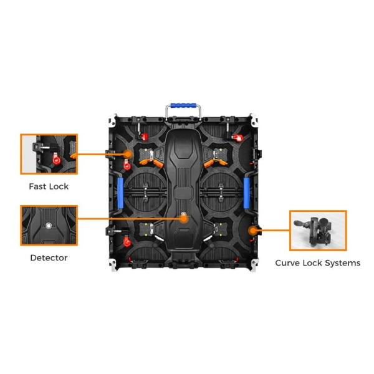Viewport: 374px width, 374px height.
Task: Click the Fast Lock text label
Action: click(49, 186)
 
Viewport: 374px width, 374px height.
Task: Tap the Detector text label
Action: click(49, 257)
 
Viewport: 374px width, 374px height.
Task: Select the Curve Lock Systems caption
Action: click(317, 263)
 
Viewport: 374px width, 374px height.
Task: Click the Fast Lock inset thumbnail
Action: click(49, 154)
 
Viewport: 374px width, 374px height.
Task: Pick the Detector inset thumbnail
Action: click(49, 226)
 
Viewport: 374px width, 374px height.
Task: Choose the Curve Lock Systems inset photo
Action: click(318, 231)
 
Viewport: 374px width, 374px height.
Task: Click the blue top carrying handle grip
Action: click(183, 105)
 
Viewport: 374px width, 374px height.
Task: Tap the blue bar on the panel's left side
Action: click(120, 193)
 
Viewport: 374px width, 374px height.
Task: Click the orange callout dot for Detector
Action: click(184, 218)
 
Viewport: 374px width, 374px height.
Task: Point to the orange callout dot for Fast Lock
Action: click(128, 154)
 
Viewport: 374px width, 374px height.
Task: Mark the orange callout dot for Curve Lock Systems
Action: click(252, 231)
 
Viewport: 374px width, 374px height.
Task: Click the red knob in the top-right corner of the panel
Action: click(237, 137)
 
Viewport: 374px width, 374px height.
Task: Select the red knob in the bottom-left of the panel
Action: click(127, 242)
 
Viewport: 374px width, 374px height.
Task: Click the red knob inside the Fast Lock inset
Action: click(57, 160)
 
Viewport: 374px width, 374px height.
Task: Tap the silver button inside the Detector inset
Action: click(49, 225)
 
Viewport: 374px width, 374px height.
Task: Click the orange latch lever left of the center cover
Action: click(151, 162)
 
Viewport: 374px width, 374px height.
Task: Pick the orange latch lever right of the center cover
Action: click(216, 163)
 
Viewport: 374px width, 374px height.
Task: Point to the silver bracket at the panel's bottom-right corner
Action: click(254, 264)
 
